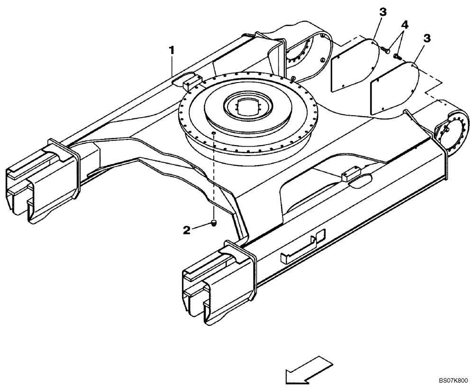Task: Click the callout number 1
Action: click(x=173, y=49)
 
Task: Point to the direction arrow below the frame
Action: click(x=307, y=370)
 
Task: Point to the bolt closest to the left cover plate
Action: click(x=385, y=50)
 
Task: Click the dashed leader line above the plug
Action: click(x=213, y=180)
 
